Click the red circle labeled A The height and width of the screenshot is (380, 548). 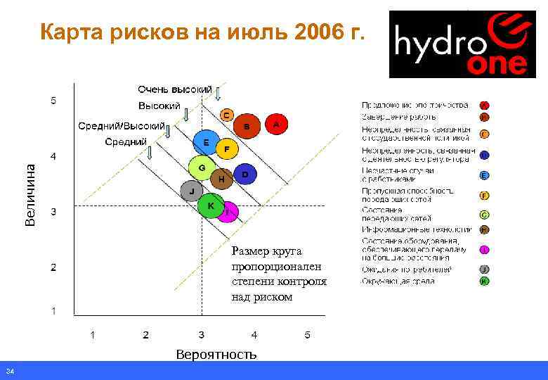click(275, 125)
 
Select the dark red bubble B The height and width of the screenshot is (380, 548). click(247, 127)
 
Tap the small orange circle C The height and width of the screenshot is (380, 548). click(226, 114)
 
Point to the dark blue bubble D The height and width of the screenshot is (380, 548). click(244, 173)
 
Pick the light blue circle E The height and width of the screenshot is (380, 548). click(205, 143)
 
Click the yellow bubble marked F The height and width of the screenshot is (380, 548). click(226, 149)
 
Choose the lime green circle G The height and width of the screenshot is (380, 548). click(202, 168)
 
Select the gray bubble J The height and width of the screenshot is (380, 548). click(191, 191)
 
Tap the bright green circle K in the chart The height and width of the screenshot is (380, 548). click(210, 205)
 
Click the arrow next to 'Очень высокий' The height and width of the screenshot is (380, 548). click(218, 93)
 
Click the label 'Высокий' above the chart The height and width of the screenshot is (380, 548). click(158, 106)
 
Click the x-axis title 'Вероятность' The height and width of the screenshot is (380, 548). click(216, 354)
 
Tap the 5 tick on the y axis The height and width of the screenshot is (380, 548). click(54, 101)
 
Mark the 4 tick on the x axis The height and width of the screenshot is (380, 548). click(254, 334)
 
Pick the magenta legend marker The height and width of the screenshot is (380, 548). click(485, 250)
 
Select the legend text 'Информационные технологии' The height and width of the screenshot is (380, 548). click(416, 230)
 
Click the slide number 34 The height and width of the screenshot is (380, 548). click(10, 372)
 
